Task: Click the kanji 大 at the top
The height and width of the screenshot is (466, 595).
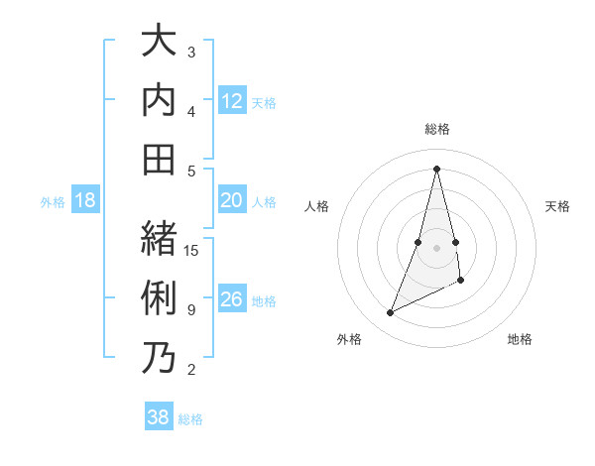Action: (x=160, y=43)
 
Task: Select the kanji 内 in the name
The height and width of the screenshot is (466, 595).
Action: (x=160, y=101)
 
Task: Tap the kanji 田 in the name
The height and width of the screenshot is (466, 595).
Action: (x=160, y=159)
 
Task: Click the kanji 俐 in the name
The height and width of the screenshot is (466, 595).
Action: (x=160, y=298)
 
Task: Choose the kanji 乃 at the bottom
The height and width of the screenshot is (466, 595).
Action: (x=160, y=357)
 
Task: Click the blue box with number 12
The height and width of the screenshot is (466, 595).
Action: (x=232, y=100)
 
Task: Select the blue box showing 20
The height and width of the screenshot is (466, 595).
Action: (x=232, y=200)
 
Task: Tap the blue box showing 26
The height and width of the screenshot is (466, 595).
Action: (x=232, y=299)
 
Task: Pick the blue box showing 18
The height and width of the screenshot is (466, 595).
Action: (x=85, y=200)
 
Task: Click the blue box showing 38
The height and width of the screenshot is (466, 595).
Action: (x=159, y=417)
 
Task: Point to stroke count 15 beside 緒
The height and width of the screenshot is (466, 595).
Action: (x=192, y=251)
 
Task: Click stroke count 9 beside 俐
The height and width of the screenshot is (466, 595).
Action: (x=190, y=310)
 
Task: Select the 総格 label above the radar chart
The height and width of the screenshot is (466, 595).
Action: (x=437, y=129)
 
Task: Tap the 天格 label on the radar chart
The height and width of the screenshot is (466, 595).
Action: (x=558, y=206)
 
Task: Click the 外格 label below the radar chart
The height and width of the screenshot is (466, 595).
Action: (x=349, y=339)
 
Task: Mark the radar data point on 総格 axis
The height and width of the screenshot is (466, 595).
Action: (x=437, y=168)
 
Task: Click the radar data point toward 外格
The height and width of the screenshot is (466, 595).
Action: (x=390, y=313)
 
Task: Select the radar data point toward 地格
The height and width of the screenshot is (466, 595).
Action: (x=462, y=282)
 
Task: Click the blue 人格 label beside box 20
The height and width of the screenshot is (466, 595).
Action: (x=264, y=201)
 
